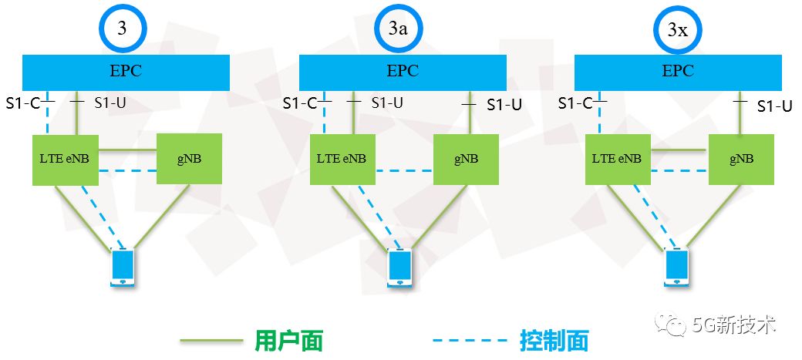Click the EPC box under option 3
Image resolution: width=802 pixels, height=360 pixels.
[126, 72]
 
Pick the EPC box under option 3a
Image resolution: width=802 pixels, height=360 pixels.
[403, 72]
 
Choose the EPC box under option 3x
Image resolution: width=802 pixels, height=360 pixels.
[678, 72]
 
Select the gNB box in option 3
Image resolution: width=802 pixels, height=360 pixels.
[189, 159]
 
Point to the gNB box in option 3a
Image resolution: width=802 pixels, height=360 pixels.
[466, 159]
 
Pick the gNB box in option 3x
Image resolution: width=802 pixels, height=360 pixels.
[742, 159]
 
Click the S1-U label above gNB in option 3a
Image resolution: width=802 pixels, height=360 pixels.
[504, 105]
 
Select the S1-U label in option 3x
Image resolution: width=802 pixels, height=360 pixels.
[774, 107]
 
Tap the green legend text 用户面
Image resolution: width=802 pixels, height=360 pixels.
[288, 340]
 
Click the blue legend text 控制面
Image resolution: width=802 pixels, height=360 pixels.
[554, 340]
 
